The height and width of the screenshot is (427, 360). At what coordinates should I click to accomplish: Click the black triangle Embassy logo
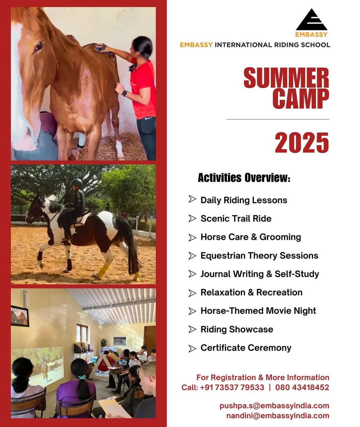(311, 20)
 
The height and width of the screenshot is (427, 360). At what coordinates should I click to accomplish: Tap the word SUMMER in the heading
(286, 78)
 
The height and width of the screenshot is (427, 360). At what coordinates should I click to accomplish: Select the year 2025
(302, 142)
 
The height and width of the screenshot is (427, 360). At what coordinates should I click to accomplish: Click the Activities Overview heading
(244, 177)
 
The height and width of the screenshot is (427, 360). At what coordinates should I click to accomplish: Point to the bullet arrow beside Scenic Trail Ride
(192, 219)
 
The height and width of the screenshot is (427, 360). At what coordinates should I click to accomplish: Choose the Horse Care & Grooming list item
(251, 237)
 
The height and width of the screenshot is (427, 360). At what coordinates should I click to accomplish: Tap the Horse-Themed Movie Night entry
(258, 311)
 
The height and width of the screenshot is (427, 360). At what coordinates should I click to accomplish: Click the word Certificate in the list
(222, 348)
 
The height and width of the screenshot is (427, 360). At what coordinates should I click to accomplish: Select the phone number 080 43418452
(302, 387)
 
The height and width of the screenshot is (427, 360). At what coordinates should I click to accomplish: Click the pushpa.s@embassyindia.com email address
(274, 406)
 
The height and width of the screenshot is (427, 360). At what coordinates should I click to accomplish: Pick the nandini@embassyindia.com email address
(278, 416)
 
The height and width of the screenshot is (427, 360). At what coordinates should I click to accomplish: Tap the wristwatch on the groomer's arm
(124, 93)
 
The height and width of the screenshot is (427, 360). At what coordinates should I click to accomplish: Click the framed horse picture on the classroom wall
(20, 316)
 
